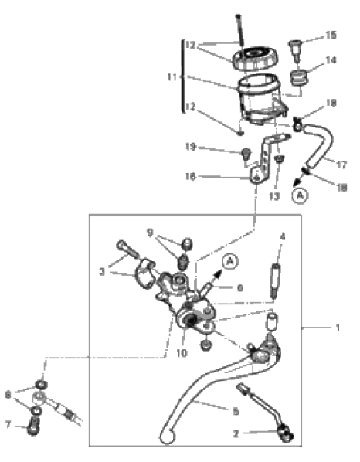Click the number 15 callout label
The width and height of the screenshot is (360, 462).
tap(331, 35)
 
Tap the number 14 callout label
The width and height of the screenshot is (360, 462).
tap(331, 60)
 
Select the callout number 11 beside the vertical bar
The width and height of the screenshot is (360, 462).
tap(172, 77)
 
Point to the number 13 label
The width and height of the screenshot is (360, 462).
tap(274, 196)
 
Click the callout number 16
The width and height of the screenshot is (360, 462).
tap(191, 177)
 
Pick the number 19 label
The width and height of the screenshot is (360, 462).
tap(191, 147)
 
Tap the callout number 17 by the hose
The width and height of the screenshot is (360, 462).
tap(341, 165)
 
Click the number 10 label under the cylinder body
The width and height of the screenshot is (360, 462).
tap(182, 353)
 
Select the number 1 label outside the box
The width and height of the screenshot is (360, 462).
tap(338, 328)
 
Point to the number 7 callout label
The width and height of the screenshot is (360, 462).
tap(8, 425)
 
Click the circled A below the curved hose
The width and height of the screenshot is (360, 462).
tap(300, 195)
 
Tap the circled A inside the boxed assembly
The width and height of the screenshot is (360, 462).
tap(230, 261)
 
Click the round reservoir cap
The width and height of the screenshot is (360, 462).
tap(255, 59)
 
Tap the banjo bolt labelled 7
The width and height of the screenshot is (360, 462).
tap(33, 426)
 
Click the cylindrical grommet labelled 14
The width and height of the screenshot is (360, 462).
tap(299, 77)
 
